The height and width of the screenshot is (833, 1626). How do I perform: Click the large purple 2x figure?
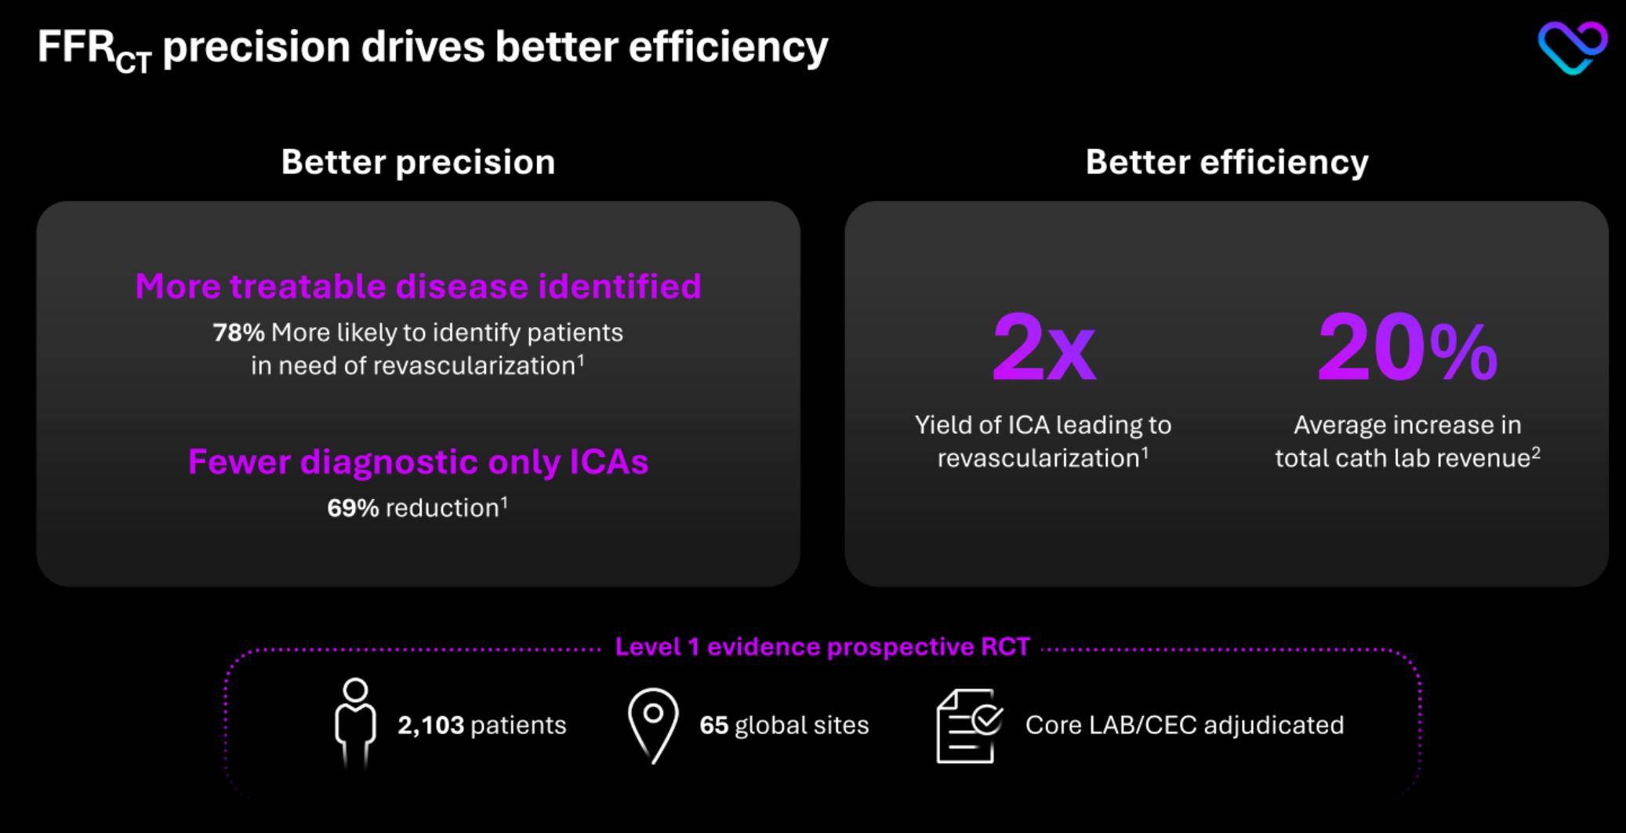point(1043,347)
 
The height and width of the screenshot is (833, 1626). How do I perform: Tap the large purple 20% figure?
point(1407,347)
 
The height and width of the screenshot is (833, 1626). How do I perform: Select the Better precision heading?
point(418,162)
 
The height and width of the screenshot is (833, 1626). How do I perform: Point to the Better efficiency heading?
point(1227,162)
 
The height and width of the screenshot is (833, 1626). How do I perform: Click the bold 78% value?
point(238,333)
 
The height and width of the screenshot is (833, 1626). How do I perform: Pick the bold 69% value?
point(353,508)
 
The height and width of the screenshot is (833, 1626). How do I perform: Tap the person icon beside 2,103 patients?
point(355,722)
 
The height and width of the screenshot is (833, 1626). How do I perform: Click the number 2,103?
point(430,726)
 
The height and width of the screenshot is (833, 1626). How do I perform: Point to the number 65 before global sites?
point(713,726)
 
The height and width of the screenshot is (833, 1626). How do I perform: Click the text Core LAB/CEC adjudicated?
point(1185,726)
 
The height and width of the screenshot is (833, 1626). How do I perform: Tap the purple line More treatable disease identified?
point(418,286)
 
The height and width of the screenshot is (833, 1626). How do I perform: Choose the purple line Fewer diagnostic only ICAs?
point(418,462)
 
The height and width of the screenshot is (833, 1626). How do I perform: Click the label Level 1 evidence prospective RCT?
point(822,647)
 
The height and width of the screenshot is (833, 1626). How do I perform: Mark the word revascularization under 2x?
point(1039,458)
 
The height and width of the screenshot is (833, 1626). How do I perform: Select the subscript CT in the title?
point(133,62)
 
